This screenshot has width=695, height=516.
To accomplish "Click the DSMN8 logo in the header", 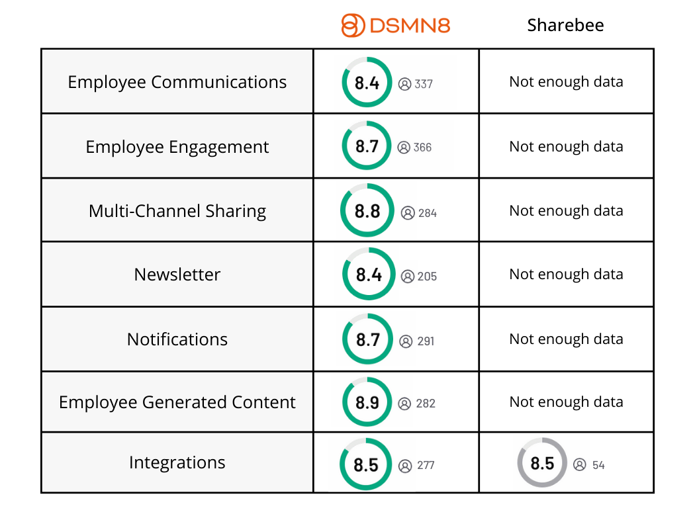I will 395,26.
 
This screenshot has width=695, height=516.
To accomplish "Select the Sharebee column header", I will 565,26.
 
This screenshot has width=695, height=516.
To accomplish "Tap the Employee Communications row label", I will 177,82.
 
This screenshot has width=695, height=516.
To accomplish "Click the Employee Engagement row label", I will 177,147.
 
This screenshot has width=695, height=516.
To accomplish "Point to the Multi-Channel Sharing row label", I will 177,211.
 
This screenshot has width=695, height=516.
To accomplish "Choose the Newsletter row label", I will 177,275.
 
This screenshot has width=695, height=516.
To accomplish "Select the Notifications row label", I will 177,339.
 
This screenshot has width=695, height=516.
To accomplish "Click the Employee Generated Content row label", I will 177,402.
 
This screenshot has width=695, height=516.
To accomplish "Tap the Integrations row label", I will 177,462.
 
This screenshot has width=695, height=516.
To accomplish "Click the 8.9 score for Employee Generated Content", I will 367,402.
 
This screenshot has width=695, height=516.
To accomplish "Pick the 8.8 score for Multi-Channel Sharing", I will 367,211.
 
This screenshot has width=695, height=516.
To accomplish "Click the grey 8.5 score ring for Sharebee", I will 542,463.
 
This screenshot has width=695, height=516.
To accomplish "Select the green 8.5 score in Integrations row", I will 365,464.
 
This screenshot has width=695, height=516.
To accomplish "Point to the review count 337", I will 424,84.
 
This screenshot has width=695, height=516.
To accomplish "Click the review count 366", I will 422,148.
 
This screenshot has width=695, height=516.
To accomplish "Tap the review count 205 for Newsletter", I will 427,277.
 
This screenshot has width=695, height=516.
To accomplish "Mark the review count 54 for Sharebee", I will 598,465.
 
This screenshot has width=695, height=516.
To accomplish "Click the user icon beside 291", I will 406,341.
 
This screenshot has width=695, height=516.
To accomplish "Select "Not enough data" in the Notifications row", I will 566,339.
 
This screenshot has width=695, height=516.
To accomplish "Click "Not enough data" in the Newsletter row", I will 566,275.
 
